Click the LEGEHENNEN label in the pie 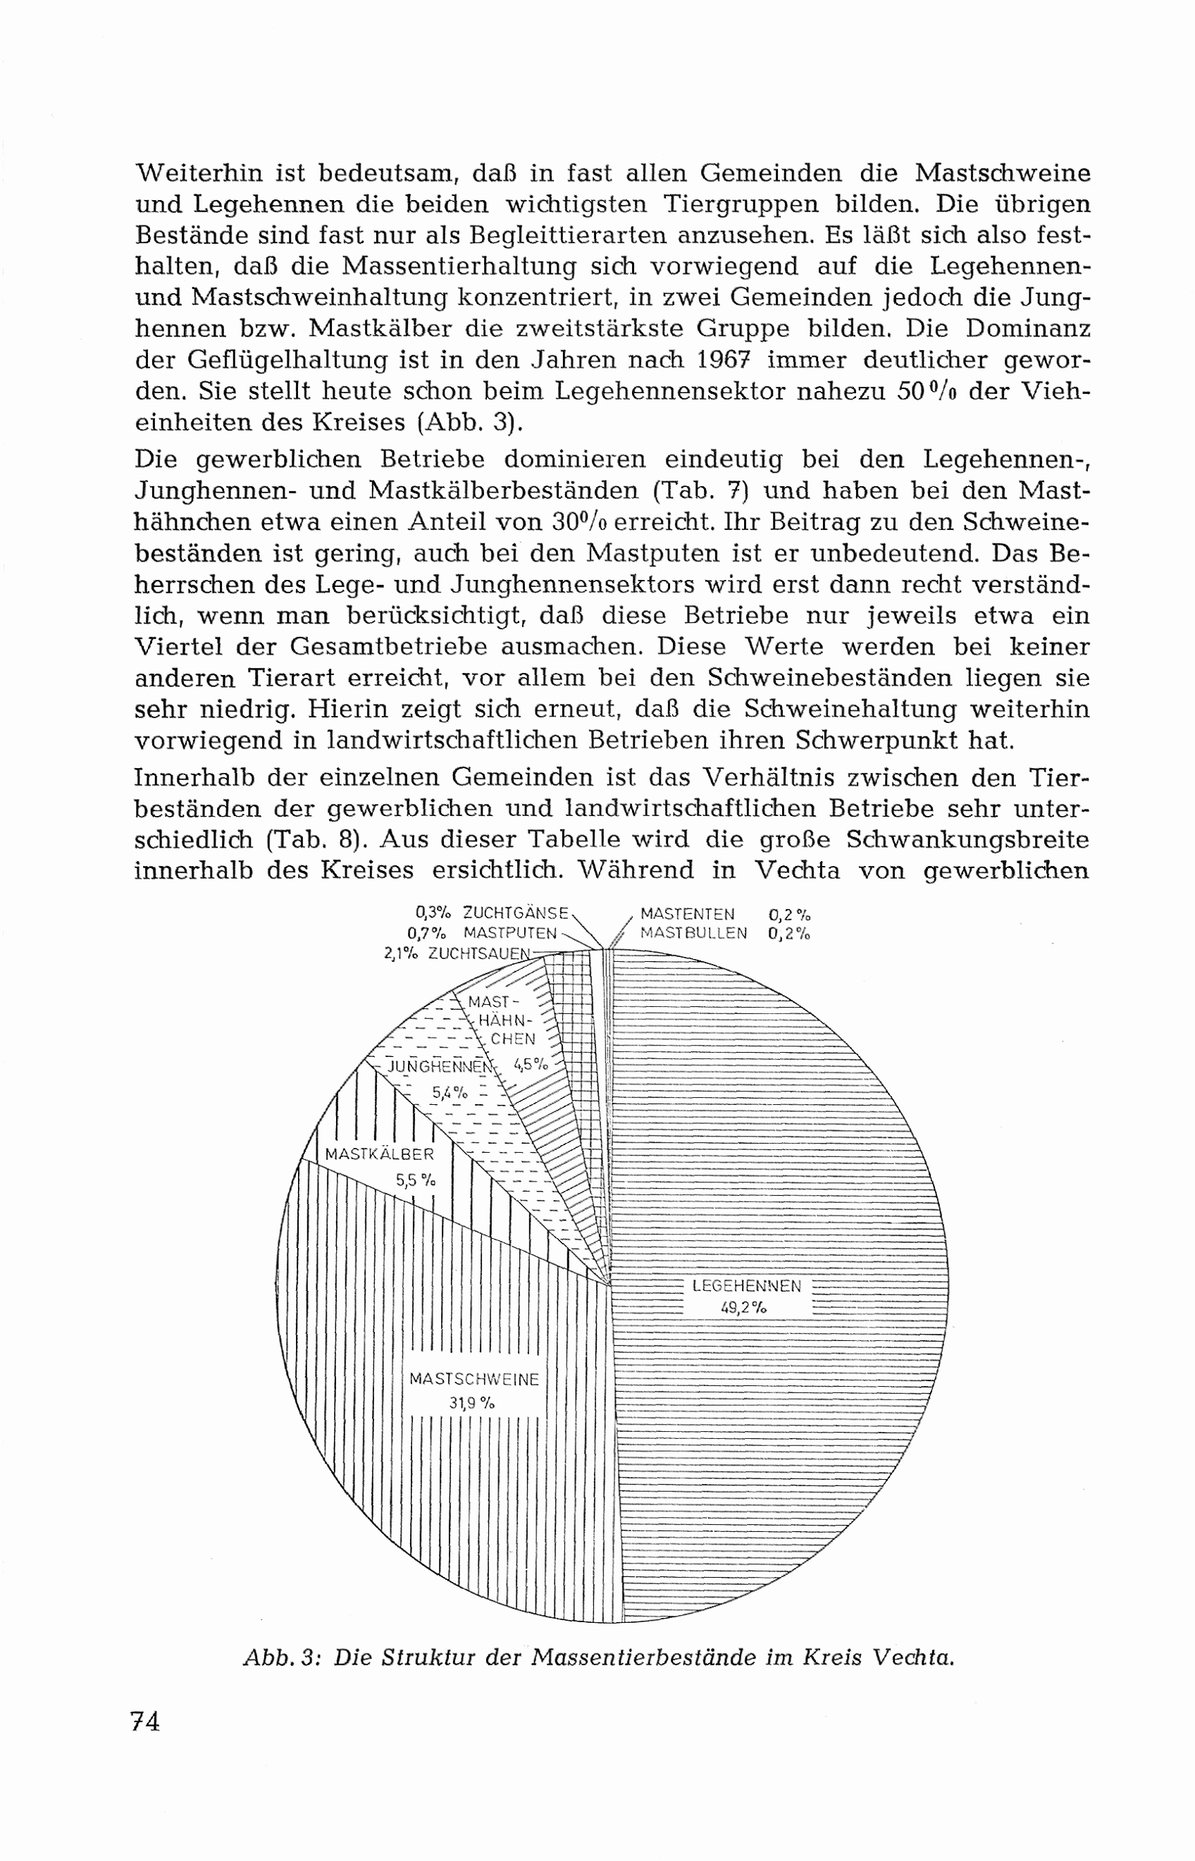(x=745, y=1285)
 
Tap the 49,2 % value (x=743, y=1308)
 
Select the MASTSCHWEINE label (x=474, y=1380)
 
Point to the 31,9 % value (x=471, y=1402)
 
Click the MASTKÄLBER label (x=380, y=1154)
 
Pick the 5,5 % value (x=415, y=1180)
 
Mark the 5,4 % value (x=450, y=1093)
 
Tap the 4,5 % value (x=531, y=1064)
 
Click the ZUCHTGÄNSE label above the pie (x=516, y=913)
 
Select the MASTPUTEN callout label (x=511, y=933)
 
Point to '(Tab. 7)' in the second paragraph (x=704, y=490)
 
